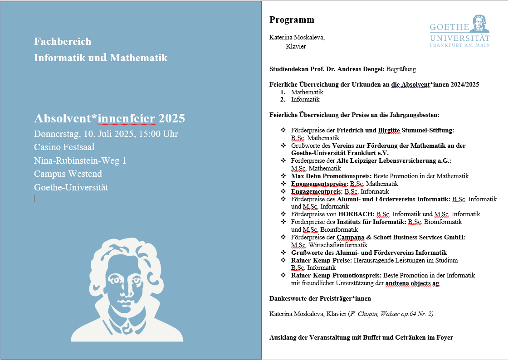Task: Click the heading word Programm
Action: (292, 20)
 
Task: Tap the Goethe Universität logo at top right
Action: (460, 31)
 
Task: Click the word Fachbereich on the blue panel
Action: (63, 42)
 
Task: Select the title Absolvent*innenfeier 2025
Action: (109, 119)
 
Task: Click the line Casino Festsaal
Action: (64, 147)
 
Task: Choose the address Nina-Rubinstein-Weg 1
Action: (80, 161)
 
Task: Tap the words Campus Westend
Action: (68, 174)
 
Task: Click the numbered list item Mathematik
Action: (307, 92)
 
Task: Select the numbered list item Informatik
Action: (305, 99)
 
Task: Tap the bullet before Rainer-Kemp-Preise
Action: (283, 260)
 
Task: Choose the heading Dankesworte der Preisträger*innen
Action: (320, 299)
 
